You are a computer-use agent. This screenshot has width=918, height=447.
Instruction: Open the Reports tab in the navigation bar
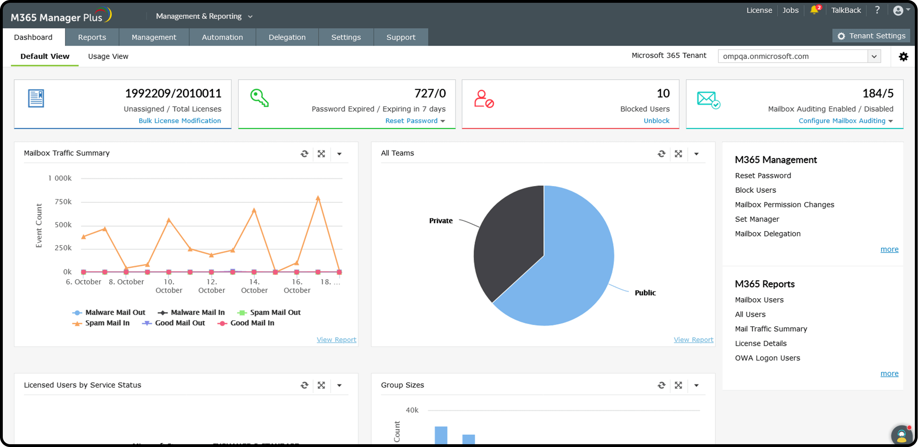point(92,37)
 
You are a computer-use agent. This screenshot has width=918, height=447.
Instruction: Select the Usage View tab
point(108,56)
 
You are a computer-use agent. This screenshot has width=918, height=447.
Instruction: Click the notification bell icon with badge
point(814,10)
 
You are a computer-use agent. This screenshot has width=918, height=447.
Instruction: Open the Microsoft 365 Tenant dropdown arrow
point(874,56)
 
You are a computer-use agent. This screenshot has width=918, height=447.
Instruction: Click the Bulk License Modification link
point(180,121)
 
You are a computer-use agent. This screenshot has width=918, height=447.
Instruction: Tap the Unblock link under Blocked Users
point(656,121)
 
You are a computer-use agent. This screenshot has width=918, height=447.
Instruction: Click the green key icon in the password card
point(259,98)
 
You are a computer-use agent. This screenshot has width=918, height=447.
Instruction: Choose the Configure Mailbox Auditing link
point(842,121)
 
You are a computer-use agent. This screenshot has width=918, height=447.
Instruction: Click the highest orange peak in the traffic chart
point(318,198)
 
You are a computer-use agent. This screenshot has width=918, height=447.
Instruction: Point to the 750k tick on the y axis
point(63,202)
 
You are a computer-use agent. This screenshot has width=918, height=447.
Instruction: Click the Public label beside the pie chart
point(645,292)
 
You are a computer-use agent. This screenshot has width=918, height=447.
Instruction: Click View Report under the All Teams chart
point(693,340)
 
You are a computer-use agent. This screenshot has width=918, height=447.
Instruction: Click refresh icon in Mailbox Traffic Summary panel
point(304,154)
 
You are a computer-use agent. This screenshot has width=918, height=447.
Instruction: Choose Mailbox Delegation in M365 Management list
point(768,234)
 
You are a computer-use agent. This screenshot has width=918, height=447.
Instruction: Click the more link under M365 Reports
point(889,373)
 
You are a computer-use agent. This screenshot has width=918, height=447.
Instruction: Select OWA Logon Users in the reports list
point(767,358)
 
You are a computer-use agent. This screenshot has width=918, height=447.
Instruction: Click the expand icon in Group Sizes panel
point(678,385)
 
